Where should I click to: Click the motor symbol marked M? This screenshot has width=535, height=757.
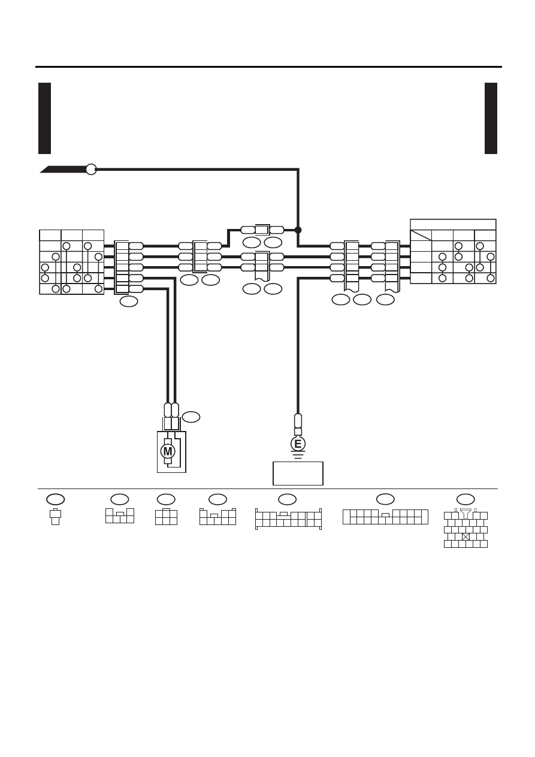coord(168,451)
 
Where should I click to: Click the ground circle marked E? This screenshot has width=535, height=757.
coord(298,444)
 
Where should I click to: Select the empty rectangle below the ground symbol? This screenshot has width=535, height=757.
coord(298,473)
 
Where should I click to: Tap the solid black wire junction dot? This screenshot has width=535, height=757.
coord(298,230)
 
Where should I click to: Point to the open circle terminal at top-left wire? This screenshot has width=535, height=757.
coord(91,169)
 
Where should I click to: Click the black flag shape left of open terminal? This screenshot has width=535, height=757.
coord(63,169)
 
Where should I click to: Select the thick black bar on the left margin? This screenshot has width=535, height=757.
coord(44,118)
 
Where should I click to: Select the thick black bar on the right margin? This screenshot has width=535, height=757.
coord(491,118)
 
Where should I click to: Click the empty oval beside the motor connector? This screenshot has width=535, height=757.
coord(191,417)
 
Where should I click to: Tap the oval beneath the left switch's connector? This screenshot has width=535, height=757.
coord(129,301)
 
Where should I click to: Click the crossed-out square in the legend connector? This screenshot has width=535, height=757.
coord(466,536)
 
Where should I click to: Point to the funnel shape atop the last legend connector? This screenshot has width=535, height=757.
coord(466,513)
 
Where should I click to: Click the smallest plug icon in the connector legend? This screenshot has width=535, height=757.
coord(55,517)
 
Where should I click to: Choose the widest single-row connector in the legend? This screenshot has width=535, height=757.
coord(385,517)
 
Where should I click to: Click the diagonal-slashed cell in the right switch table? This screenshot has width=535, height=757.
coord(421,235)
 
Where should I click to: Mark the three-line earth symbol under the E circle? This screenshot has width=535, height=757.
coord(298,454)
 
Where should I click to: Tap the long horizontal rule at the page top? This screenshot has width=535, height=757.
coord(268,67)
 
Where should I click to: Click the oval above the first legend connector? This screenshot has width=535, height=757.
coord(55,499)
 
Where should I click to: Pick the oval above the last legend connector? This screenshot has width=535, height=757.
coord(466,499)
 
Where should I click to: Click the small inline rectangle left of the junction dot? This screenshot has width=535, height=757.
coord(262,230)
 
